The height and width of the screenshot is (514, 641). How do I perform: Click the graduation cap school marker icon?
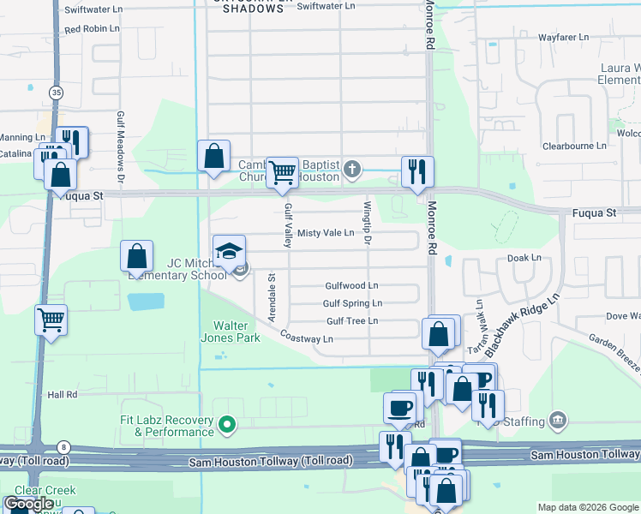click(x=229, y=251)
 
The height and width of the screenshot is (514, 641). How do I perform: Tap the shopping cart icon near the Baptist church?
click(x=282, y=172)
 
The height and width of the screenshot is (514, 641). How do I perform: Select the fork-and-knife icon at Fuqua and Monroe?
click(x=417, y=170)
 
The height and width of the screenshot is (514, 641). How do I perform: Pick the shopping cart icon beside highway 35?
click(x=51, y=320)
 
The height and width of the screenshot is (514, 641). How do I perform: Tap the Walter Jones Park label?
click(x=236, y=332)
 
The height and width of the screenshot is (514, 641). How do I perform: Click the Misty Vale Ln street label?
click(x=326, y=233)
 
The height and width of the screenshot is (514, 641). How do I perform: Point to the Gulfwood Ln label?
click(x=351, y=285)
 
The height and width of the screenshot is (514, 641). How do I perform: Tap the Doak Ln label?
click(x=524, y=257)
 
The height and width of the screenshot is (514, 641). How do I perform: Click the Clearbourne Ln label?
click(x=574, y=146)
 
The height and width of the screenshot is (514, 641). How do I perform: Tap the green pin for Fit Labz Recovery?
click(x=227, y=423)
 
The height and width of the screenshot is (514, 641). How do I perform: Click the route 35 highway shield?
click(x=56, y=92)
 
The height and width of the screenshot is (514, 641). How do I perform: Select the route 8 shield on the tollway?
click(x=63, y=446)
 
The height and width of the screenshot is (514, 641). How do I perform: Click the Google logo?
click(x=29, y=504)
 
